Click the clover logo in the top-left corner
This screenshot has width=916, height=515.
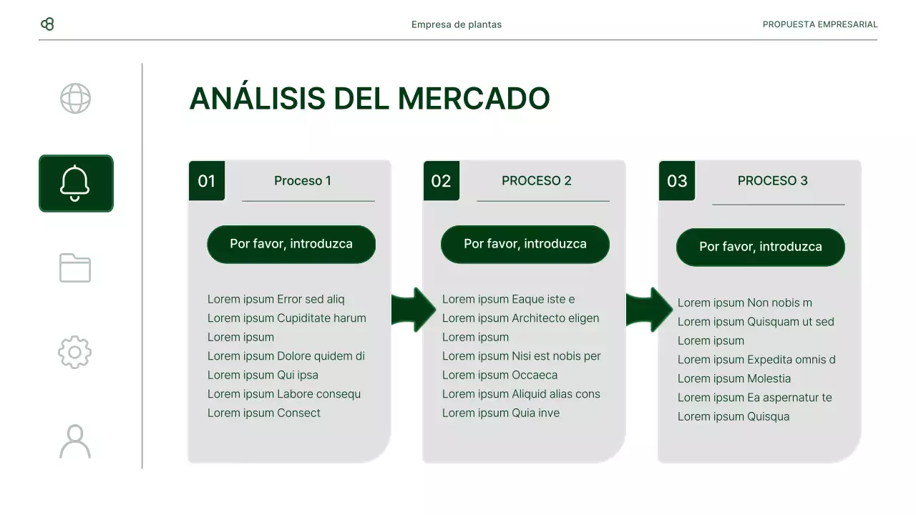(x=47, y=24)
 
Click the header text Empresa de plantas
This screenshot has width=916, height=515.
(x=457, y=24)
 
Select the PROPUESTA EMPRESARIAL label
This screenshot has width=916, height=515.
(x=819, y=24)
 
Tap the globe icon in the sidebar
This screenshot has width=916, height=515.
(x=75, y=99)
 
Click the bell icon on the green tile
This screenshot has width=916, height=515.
(x=75, y=183)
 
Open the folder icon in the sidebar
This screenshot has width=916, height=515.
(x=75, y=268)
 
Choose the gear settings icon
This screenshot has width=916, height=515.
(x=75, y=353)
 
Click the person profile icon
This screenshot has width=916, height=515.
(x=75, y=441)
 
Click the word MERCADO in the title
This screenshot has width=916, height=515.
(x=473, y=99)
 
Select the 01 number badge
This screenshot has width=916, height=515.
(x=206, y=181)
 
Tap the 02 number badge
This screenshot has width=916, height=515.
(x=441, y=181)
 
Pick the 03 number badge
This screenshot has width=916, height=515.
(x=676, y=181)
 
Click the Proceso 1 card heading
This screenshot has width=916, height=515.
(x=303, y=181)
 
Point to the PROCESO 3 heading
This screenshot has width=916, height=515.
(x=772, y=181)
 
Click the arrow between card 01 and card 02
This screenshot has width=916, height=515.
(x=414, y=310)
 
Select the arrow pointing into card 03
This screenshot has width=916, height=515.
(x=648, y=310)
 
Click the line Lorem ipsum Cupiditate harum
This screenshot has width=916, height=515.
(x=286, y=318)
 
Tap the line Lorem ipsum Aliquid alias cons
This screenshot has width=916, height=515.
(x=521, y=394)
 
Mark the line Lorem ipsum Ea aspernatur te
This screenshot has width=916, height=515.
(x=754, y=398)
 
